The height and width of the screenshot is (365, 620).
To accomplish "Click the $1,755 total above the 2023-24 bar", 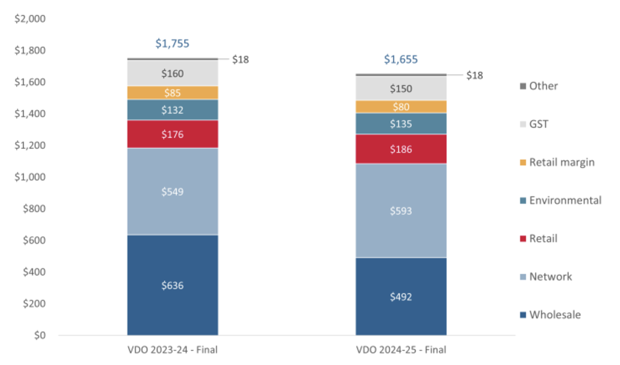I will [x=172, y=43].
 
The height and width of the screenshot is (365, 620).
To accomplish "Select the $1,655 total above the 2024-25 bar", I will [x=401, y=59].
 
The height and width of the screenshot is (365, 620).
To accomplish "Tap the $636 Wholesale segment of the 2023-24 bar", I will [x=173, y=285].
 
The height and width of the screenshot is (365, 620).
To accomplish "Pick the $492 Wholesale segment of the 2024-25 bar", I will [x=401, y=297].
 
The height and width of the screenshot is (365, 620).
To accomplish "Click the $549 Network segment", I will [x=173, y=192].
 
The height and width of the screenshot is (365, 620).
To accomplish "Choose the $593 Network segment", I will [x=401, y=211].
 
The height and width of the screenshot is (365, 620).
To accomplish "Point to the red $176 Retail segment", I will [x=173, y=134].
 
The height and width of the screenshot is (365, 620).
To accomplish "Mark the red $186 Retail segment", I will [x=401, y=149].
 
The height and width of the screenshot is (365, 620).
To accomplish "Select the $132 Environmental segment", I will [x=173, y=110].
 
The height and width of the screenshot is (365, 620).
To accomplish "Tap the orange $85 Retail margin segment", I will [x=173, y=93].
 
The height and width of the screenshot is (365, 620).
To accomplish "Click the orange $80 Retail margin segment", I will [x=401, y=107].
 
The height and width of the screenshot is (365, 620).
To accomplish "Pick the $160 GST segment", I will [x=173, y=74].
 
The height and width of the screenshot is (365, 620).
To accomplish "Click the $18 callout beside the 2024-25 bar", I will [x=474, y=75].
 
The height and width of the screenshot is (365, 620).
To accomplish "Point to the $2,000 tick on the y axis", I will [x=30, y=19].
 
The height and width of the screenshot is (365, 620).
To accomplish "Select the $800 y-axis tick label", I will [x=34, y=208].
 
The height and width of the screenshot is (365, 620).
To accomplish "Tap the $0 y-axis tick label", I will [x=40, y=335].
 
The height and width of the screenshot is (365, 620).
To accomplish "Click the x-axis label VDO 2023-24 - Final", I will [x=173, y=350].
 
